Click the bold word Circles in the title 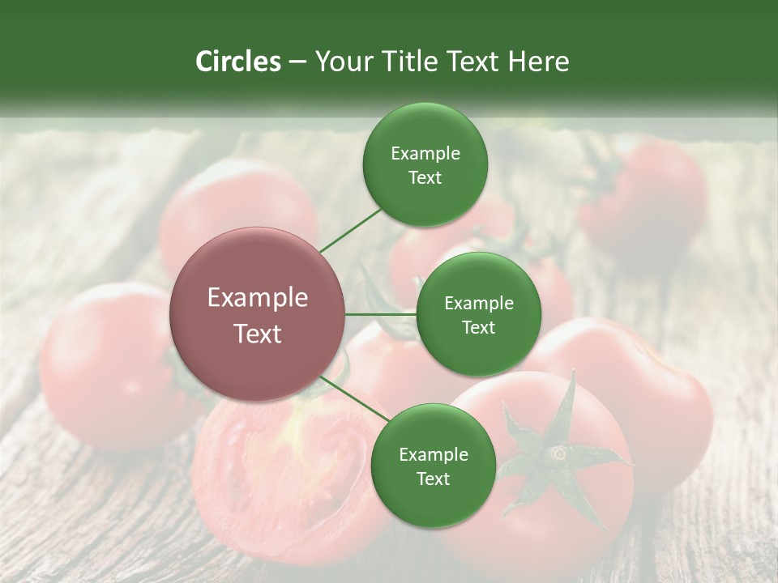(237, 62)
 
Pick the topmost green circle (425, 164)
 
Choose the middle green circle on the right (478, 314)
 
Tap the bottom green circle (433, 466)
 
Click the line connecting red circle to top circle (351, 231)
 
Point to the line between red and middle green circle (381, 314)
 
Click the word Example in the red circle (258, 297)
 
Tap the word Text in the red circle (258, 334)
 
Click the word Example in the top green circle (425, 153)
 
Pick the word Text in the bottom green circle (433, 479)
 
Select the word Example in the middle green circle (478, 303)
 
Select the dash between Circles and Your (297, 62)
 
